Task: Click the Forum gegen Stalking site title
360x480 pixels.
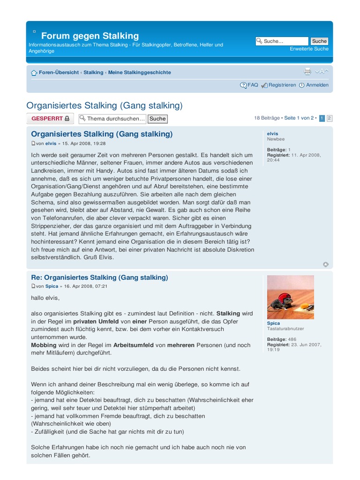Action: click(90, 36)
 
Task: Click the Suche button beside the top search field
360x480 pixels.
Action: click(319, 41)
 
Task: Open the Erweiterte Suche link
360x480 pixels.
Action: click(309, 49)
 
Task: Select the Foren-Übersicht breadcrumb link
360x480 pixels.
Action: click(59, 73)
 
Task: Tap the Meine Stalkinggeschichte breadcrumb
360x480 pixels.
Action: click(139, 73)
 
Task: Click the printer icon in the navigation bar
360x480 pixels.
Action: click(307, 71)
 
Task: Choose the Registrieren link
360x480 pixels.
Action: click(282, 85)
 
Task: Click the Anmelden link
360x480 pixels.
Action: click(317, 85)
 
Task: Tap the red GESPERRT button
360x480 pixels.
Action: click(50, 119)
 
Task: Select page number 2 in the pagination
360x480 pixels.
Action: click(330, 118)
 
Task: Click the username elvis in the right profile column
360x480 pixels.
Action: click(272, 134)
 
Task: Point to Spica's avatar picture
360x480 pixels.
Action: click(290, 297)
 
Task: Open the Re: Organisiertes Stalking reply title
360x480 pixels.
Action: click(99, 277)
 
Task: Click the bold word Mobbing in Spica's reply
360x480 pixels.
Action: click(43, 345)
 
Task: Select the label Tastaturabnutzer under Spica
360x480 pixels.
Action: click(285, 329)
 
